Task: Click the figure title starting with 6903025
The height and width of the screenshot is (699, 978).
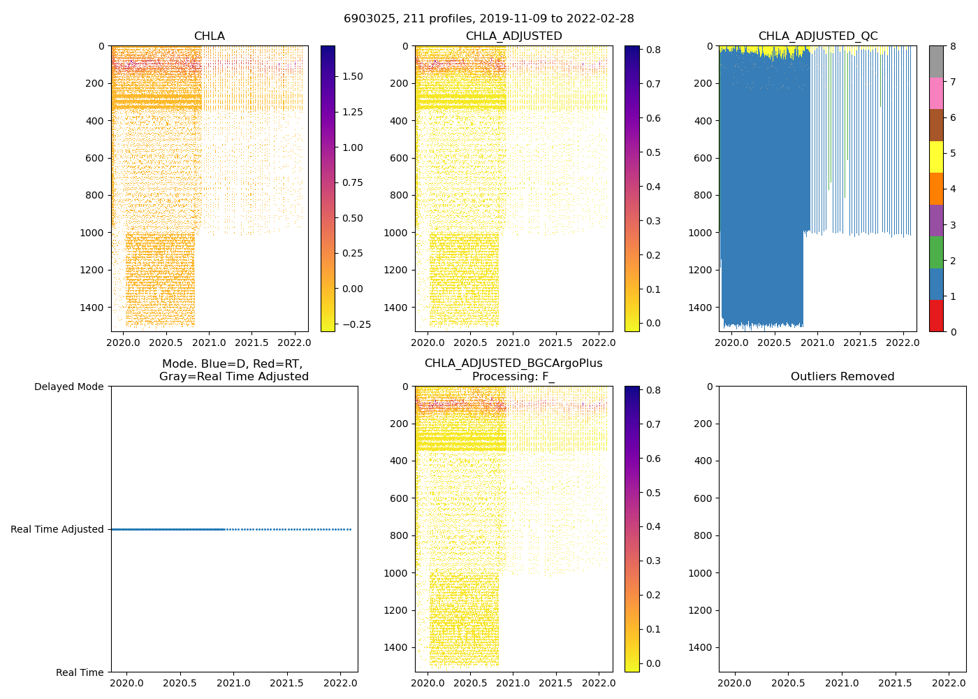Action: click(x=488, y=19)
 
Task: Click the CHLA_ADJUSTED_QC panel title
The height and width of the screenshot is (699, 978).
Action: click(x=818, y=36)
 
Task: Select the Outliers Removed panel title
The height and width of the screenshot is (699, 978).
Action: click(x=842, y=377)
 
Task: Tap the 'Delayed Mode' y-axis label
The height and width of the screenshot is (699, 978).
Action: click(x=68, y=387)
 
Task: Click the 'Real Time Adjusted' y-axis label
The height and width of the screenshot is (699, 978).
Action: click(x=57, y=529)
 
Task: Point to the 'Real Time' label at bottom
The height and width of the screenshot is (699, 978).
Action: click(x=80, y=672)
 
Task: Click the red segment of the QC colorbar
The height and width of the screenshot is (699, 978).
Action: click(x=936, y=316)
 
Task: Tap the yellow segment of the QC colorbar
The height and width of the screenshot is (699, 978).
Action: click(x=936, y=157)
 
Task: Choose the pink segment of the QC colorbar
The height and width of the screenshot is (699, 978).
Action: click(x=936, y=94)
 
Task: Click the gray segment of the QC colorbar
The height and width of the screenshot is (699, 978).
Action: click(x=936, y=62)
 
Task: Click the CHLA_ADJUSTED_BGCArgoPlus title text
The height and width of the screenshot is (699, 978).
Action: click(x=513, y=363)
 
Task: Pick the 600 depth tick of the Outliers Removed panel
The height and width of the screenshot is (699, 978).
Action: click(x=704, y=498)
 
